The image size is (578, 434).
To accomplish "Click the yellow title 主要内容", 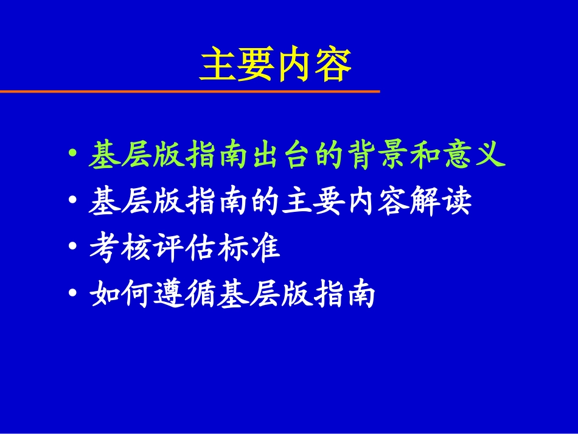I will pyautogui.click(x=276, y=65).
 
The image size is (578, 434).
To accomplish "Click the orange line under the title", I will pyautogui.click(x=189, y=91).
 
